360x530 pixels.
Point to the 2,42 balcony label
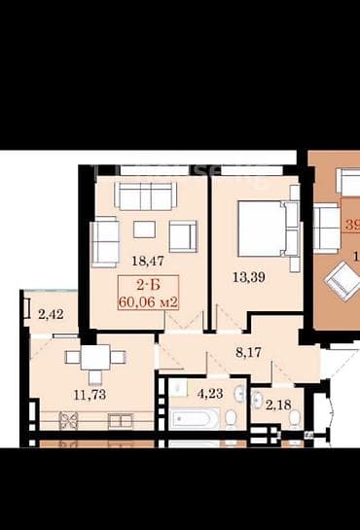(x=51, y=314)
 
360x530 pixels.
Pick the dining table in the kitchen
(x=95, y=358)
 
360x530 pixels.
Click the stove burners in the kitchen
(x=69, y=422)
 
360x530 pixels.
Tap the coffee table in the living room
(x=144, y=230)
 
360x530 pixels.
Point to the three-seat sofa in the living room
(x=144, y=195)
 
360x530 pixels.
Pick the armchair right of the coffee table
(x=182, y=235)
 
